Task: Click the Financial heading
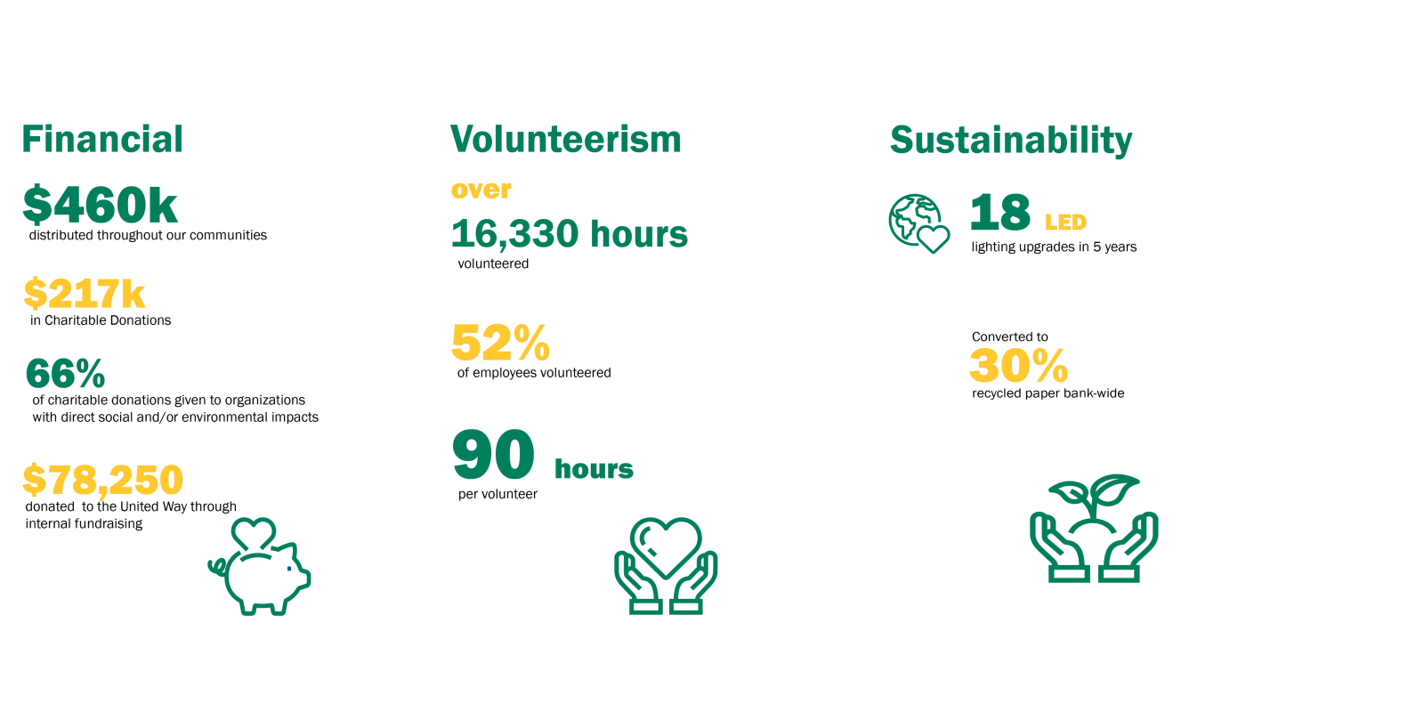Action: (x=102, y=139)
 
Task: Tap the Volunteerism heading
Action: (x=566, y=139)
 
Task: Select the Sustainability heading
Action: (x=1011, y=142)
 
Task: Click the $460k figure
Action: (x=100, y=205)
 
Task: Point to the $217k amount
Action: (x=85, y=294)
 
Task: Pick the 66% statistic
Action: (x=66, y=374)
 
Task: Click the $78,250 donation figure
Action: (x=103, y=480)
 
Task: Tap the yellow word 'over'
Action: (x=481, y=190)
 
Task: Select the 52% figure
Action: (x=500, y=343)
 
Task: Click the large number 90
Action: (x=493, y=455)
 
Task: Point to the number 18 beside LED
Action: (x=1000, y=213)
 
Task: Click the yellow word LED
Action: (x=1066, y=222)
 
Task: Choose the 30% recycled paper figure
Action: (x=1018, y=366)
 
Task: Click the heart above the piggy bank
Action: (x=254, y=532)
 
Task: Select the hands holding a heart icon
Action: (x=666, y=565)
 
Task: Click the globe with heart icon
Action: (x=919, y=223)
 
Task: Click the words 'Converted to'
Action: (x=1009, y=337)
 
